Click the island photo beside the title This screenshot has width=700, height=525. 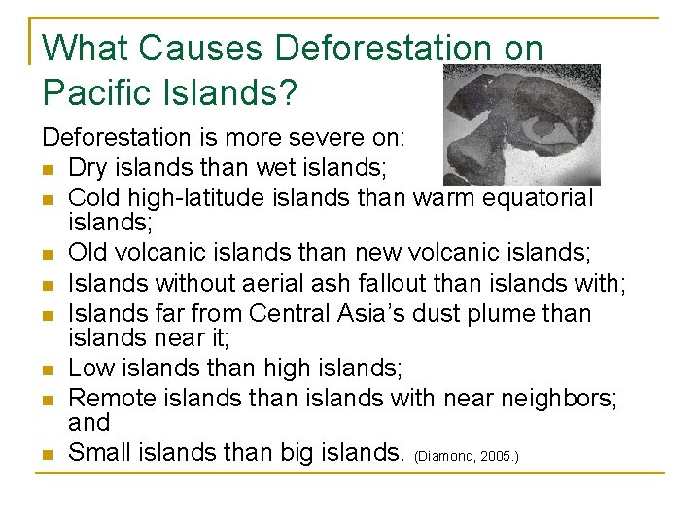(521, 124)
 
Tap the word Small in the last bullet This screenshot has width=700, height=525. (100, 451)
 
